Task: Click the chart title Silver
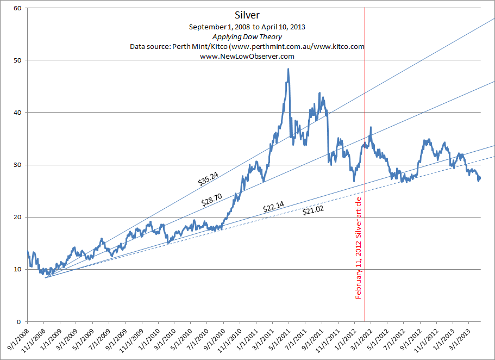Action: pos(247,15)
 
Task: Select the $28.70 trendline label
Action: pos(212,201)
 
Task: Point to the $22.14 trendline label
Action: pos(273,207)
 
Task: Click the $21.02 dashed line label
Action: pos(313,210)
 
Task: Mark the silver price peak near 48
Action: pos(288,70)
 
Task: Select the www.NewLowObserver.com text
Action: pos(247,56)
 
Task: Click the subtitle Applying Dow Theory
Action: pos(247,36)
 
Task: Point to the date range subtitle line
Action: pos(247,27)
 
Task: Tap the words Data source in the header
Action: pos(150,46)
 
